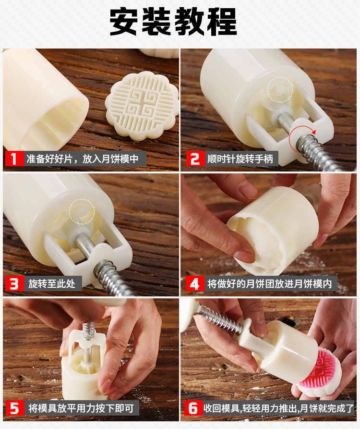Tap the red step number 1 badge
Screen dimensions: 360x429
[x=14, y=159]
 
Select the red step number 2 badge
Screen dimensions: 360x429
[x=195, y=159]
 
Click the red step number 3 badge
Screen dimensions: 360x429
[x=14, y=284]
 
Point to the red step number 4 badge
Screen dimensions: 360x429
[x=195, y=284]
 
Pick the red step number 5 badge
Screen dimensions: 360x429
[x=14, y=408]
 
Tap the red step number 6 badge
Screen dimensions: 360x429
[x=193, y=408]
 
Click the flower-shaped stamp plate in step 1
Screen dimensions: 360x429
[x=142, y=106]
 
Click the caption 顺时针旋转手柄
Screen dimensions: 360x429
[x=240, y=159]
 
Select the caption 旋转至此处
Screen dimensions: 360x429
[x=52, y=284]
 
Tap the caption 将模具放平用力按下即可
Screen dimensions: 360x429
[x=81, y=408]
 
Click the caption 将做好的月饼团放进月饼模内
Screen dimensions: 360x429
[x=270, y=284]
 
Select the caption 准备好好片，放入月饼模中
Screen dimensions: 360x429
[x=83, y=159]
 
